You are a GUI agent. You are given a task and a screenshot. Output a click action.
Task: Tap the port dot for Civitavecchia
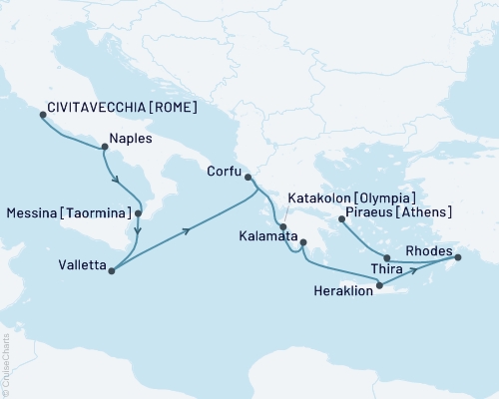42,115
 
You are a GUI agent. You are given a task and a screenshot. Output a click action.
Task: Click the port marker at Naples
104,149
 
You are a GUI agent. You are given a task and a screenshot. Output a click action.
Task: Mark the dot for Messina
139,213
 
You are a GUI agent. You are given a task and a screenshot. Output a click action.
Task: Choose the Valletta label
81,266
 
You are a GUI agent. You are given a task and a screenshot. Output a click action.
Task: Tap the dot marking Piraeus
341,218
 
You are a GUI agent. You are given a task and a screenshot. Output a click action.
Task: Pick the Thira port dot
386,257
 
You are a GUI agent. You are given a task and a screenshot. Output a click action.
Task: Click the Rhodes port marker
458,258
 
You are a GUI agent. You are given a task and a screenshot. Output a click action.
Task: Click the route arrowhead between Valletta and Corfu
187,230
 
